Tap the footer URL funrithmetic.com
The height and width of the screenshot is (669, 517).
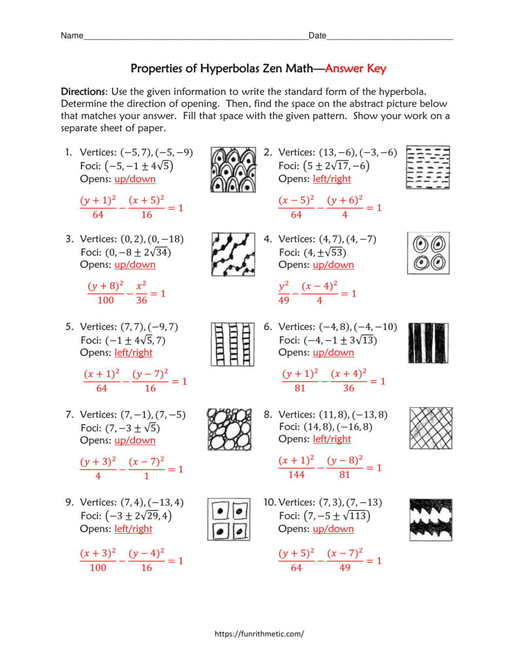259,633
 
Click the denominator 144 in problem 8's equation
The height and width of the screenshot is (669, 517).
296,475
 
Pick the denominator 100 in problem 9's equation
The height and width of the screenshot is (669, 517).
97,568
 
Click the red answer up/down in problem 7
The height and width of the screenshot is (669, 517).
135,440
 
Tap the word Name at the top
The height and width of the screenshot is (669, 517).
72,36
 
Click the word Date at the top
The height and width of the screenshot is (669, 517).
317,36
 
